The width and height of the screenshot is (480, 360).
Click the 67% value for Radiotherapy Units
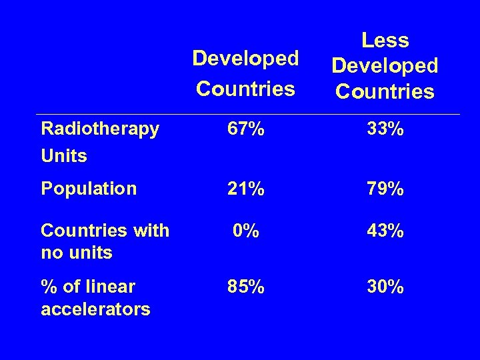(x=245, y=129)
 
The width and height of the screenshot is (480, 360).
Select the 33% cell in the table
(x=385, y=129)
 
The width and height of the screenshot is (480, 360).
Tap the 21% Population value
(x=245, y=189)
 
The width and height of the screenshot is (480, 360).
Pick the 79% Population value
(x=385, y=189)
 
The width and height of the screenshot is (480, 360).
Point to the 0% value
(x=245, y=231)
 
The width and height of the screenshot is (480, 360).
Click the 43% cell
(x=385, y=231)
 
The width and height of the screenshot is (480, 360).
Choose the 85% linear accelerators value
(x=245, y=287)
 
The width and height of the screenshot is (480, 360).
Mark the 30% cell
(x=385, y=287)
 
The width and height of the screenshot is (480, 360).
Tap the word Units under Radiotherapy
(x=64, y=156)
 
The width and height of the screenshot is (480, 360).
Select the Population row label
(x=89, y=189)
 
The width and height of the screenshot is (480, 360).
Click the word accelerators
(x=95, y=309)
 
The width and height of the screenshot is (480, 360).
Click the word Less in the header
(x=385, y=41)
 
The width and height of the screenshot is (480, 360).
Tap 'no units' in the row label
(x=77, y=253)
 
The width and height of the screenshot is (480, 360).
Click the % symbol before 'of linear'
(x=48, y=287)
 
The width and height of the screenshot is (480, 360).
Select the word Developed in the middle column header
(x=245, y=59)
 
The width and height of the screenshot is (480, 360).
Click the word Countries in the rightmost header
(x=385, y=91)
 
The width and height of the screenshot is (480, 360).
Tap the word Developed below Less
(x=385, y=65)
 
